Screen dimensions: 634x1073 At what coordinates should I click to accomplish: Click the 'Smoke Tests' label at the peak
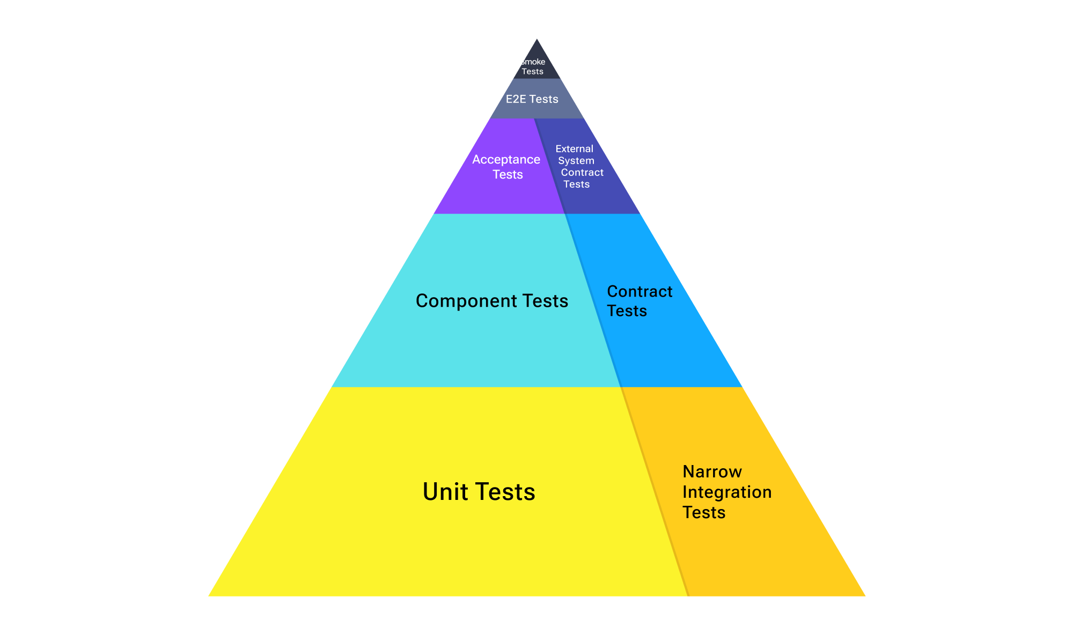[533, 67]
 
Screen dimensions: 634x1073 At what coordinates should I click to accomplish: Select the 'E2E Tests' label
[532, 99]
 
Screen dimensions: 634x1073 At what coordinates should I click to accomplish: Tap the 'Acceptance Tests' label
[506, 167]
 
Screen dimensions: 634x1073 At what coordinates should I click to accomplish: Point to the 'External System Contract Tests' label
[578, 166]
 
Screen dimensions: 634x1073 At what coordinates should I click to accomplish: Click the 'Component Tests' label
[492, 301]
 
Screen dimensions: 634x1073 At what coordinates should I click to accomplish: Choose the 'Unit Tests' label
[479, 492]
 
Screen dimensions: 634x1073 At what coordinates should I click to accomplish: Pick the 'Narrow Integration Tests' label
[726, 492]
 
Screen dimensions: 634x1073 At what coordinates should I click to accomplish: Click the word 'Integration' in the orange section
[727, 492]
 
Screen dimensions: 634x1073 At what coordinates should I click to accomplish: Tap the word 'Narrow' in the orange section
[712, 471]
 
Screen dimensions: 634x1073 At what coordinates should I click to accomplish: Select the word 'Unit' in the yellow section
[445, 492]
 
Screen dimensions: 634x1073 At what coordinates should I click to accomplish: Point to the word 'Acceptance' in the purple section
[506, 160]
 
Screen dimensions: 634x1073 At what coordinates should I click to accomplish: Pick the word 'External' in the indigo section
[574, 149]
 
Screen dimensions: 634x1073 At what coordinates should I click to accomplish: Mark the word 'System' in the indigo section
[576, 160]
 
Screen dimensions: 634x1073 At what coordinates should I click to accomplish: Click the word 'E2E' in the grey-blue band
[516, 99]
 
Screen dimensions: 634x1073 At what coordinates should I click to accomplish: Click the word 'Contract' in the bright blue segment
[640, 291]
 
